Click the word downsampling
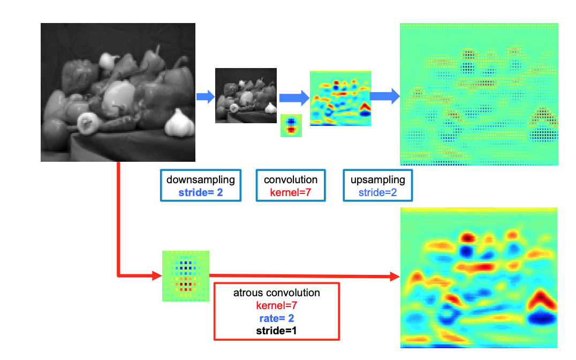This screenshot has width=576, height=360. pyautogui.click(x=200, y=179)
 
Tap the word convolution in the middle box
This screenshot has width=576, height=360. pyautogui.click(x=291, y=179)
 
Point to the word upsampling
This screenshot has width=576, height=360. pyautogui.click(x=377, y=179)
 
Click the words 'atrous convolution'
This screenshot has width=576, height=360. pyautogui.click(x=276, y=293)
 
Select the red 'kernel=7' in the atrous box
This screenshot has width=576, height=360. pyautogui.click(x=276, y=305)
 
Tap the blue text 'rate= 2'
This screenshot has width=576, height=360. pyautogui.click(x=276, y=318)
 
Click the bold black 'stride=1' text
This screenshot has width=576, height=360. pyautogui.click(x=276, y=331)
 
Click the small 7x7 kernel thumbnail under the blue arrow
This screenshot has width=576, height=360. pyautogui.click(x=291, y=126)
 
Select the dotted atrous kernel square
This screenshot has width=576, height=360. pyautogui.click(x=185, y=276)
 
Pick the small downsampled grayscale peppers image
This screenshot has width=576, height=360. pyautogui.click(x=246, y=96)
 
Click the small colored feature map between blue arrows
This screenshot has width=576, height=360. pyautogui.click(x=340, y=99)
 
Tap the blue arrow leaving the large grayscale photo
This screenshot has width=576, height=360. pyautogui.click(x=205, y=96)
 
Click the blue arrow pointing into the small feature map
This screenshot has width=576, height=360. pyautogui.click(x=294, y=97)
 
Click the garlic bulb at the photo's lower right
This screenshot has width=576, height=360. pyautogui.click(x=177, y=124)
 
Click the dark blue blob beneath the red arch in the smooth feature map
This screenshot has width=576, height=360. pyautogui.click(x=543, y=318)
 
